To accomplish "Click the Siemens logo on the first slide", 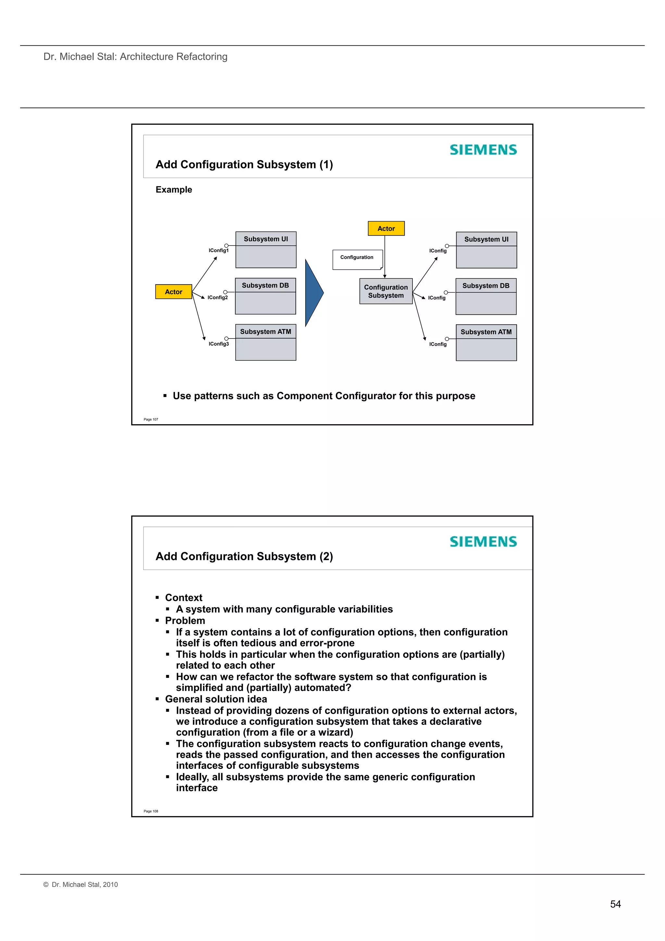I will pos(483,150).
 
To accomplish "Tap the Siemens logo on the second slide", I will pos(483,541).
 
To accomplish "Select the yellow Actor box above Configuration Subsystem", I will pos(386,228).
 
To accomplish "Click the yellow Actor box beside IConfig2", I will pos(173,292).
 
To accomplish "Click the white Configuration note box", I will pos(357,260).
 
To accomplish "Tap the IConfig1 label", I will pos(219,250).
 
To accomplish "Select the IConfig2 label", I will pos(218,298).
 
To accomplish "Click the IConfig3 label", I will pos(219,344).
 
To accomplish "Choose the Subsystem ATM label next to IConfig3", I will pos(266,332).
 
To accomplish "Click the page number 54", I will pos(615,904).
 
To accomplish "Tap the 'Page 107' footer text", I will pos(151,419).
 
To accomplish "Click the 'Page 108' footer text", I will pos(151,811).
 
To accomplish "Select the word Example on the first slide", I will pos(174,189).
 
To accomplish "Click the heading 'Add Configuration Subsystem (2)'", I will pos(244,556).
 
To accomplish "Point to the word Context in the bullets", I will pos(183,598).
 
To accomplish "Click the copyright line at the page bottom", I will pos(81,884).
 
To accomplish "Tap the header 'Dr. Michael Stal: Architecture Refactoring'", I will pos(135,57).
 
